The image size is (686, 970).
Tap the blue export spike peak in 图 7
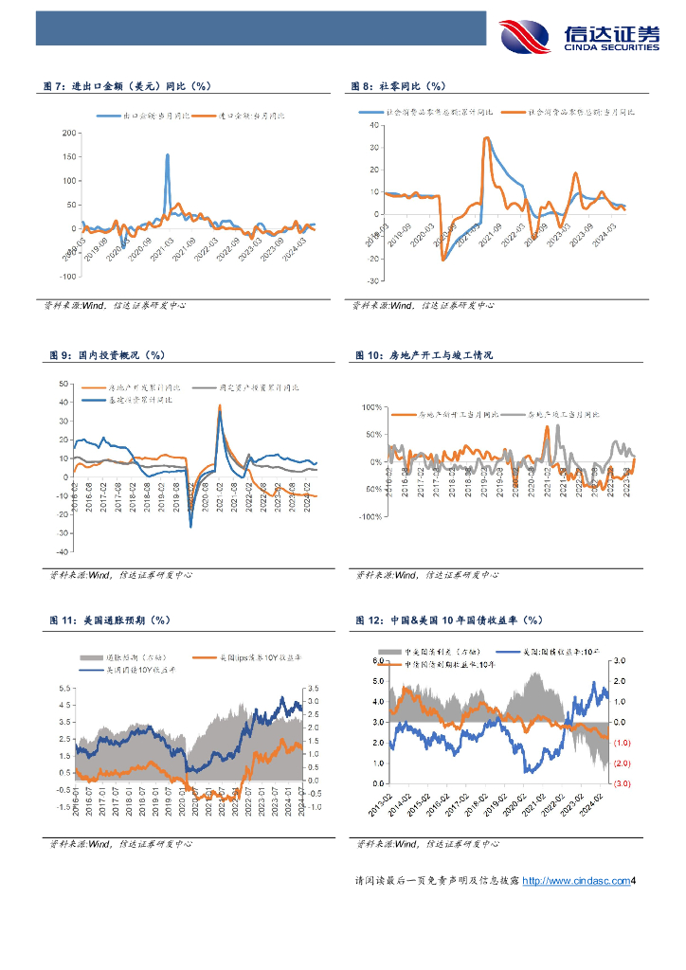168,154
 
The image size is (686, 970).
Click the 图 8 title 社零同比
400,86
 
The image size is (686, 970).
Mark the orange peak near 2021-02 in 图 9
220,406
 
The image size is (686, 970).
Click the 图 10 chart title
424,355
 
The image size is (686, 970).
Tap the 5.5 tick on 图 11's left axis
64,688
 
